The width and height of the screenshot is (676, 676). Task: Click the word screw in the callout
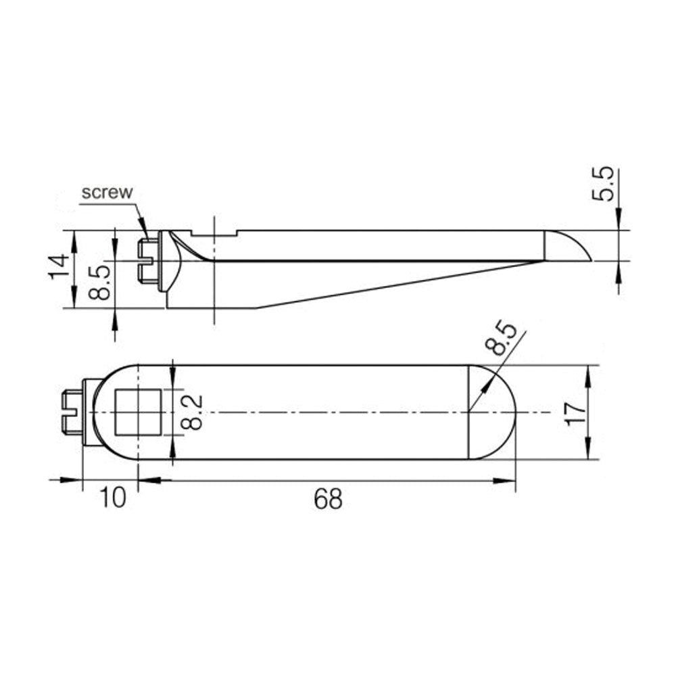click(x=107, y=192)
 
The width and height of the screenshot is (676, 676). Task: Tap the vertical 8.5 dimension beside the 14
click(x=99, y=282)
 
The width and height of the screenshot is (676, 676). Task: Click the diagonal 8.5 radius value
click(x=504, y=340)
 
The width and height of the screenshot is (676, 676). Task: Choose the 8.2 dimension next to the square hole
click(x=193, y=412)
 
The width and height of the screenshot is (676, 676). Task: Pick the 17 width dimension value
click(x=574, y=412)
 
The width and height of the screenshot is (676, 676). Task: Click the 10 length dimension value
click(x=112, y=498)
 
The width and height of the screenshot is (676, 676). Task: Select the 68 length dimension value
click(x=328, y=500)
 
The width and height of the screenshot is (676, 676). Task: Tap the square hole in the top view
click(x=137, y=412)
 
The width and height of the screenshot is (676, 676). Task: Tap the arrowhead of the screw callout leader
click(x=144, y=229)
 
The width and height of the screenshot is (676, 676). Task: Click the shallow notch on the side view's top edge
click(x=215, y=234)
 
